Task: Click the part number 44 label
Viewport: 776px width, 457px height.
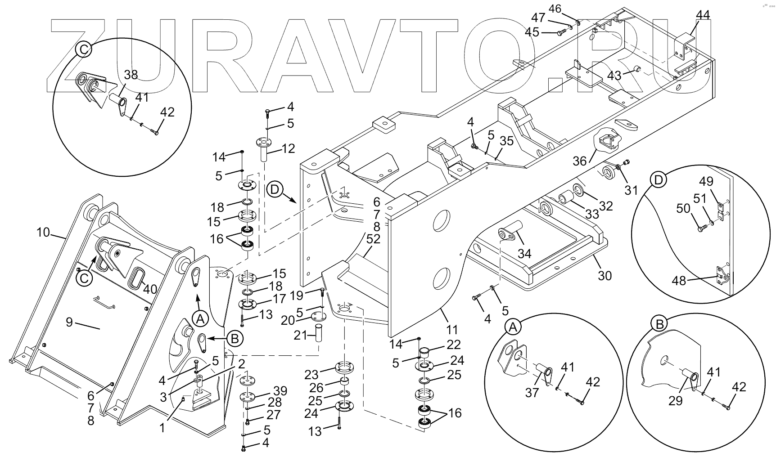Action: pyautogui.click(x=703, y=15)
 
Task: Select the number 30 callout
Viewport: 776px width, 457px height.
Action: pyautogui.click(x=605, y=275)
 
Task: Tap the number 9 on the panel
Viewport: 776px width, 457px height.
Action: pyautogui.click(x=69, y=322)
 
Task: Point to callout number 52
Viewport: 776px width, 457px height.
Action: pyautogui.click(x=373, y=239)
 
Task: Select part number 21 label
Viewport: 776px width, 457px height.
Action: pyautogui.click(x=300, y=335)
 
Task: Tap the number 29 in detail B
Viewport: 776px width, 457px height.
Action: pyautogui.click(x=675, y=400)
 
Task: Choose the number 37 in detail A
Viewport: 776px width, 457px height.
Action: pyautogui.click(x=532, y=392)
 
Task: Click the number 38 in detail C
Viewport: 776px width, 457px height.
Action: pyautogui.click(x=131, y=75)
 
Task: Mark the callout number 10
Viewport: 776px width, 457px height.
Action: pyautogui.click(x=43, y=233)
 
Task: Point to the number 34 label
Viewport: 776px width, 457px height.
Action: pyautogui.click(x=524, y=253)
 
